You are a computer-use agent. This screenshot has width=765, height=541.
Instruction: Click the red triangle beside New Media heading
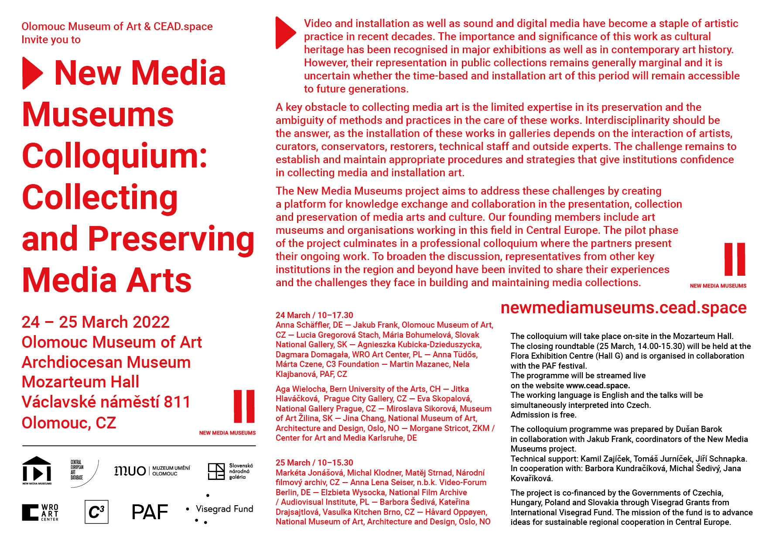point(32,73)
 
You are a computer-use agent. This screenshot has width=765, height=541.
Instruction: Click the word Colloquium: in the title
point(115,156)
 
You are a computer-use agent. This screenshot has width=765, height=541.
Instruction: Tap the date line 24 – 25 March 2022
point(96,322)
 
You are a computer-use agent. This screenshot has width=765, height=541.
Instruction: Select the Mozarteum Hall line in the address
point(80,382)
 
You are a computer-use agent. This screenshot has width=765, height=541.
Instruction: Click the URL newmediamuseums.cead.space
point(623,308)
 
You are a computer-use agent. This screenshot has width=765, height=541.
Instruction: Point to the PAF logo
point(150,512)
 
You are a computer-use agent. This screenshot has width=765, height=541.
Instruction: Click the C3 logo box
point(96,512)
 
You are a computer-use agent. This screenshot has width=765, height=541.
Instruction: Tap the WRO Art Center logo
point(40,512)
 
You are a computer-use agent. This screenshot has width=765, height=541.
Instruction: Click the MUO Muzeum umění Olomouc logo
point(152,471)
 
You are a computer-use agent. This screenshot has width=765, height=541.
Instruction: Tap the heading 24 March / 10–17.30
point(314,315)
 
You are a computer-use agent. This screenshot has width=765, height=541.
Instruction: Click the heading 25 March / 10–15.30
point(314,462)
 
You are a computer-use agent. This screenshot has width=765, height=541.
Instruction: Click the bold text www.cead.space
point(598,386)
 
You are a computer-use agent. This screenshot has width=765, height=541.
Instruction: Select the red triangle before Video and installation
point(285,33)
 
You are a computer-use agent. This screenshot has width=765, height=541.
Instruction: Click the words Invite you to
point(51,40)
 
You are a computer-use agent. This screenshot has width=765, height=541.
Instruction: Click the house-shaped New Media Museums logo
point(37,470)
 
